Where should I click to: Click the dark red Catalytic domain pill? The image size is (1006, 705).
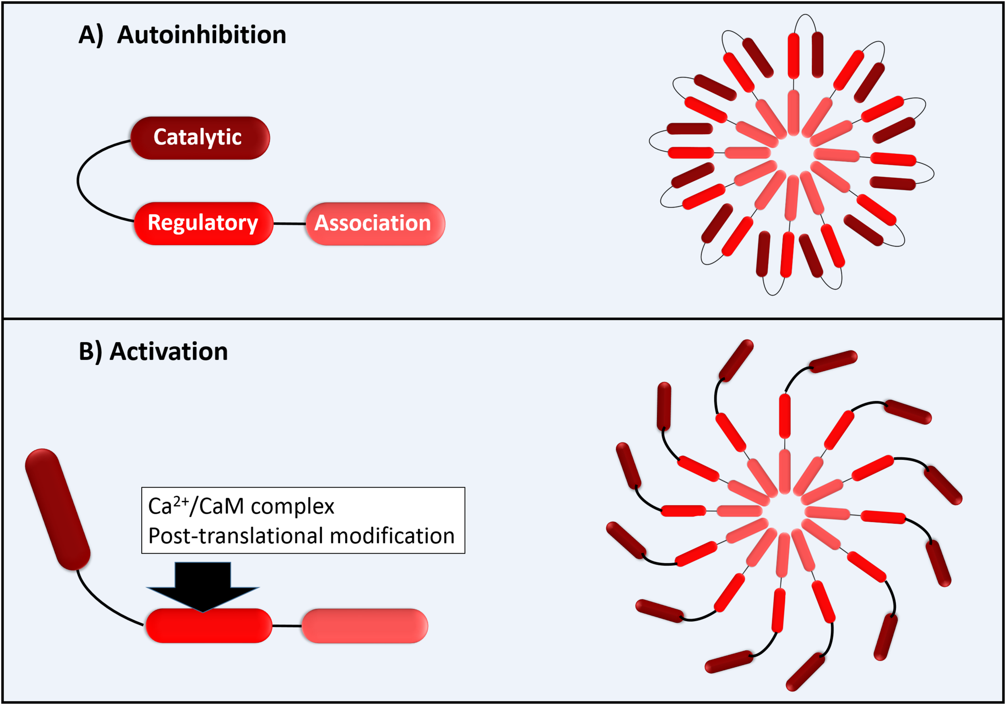pyautogui.click(x=200, y=138)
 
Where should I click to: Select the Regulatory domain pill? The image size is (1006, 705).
pyautogui.click(x=203, y=223)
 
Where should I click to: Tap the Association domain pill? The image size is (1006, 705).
pyautogui.click(x=375, y=223)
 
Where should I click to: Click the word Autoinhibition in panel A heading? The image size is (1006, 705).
pyautogui.click(x=202, y=35)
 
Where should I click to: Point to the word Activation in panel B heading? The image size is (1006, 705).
pyautogui.click(x=169, y=351)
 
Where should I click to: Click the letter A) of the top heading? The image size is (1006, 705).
pyautogui.click(x=90, y=35)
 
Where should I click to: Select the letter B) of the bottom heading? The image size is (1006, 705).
pyautogui.click(x=90, y=351)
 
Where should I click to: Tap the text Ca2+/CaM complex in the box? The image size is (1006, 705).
pyautogui.click(x=241, y=507)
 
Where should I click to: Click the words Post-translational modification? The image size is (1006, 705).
pyautogui.click(x=301, y=536)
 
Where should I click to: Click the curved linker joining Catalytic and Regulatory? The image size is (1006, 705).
pyautogui.click(x=79, y=180)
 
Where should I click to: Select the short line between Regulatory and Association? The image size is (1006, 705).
pyautogui.click(x=289, y=223)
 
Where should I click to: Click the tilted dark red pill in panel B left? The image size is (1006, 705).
pyautogui.click(x=58, y=509)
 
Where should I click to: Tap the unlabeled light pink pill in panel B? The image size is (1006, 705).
pyautogui.click(x=365, y=626)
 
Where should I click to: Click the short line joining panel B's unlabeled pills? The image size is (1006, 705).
pyautogui.click(x=287, y=626)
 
